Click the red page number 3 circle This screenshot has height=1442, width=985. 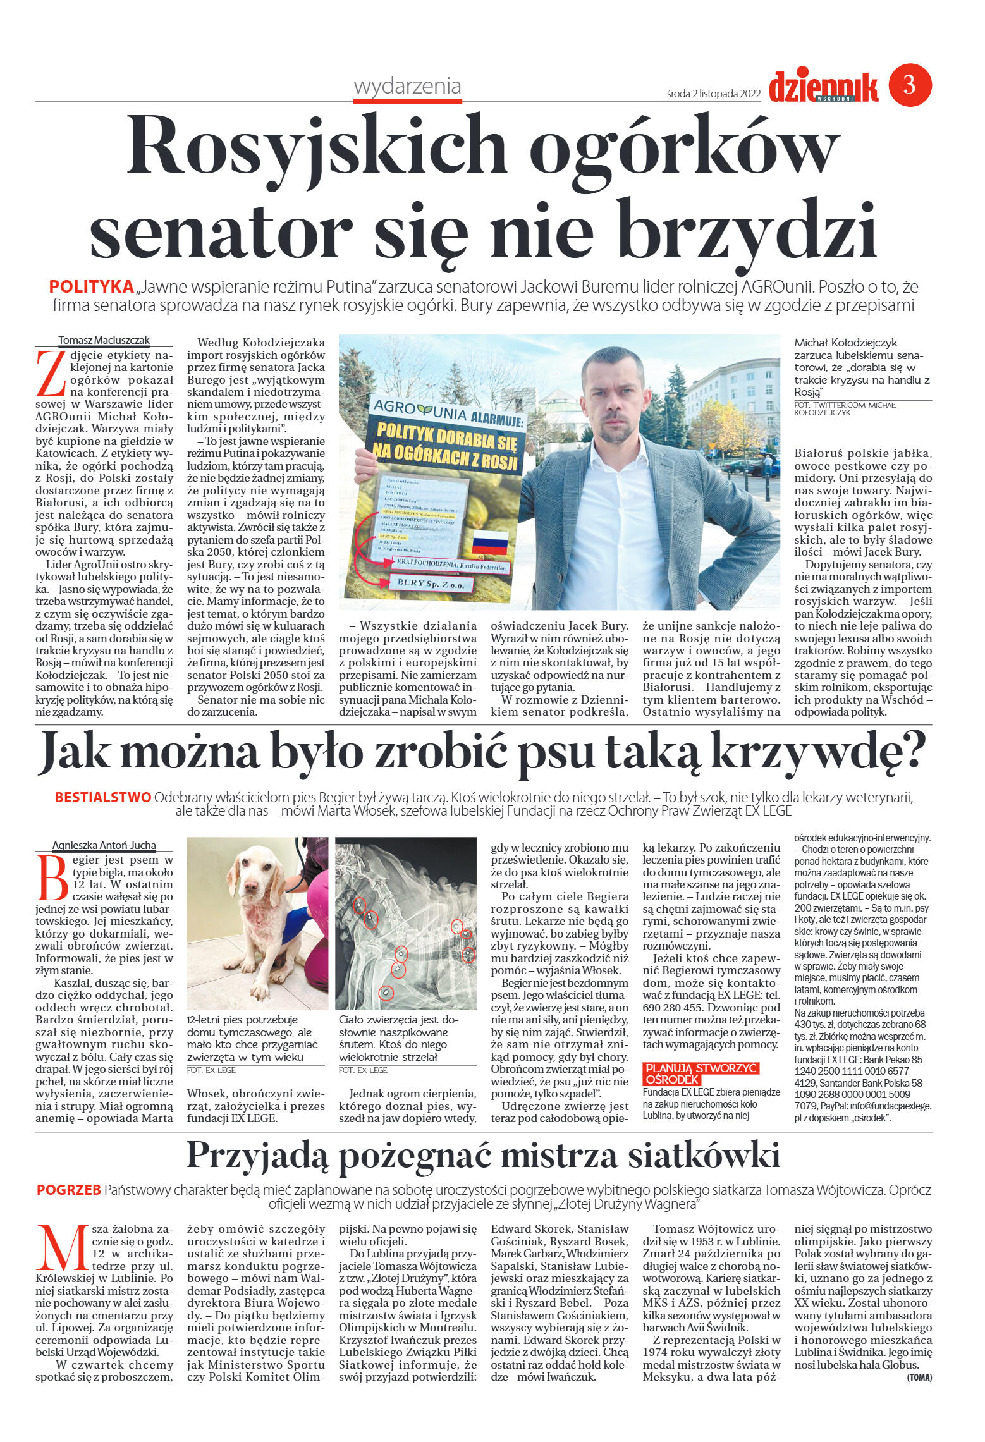pos(910,85)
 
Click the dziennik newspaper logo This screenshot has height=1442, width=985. pos(823,87)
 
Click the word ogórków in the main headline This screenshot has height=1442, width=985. pos(684,147)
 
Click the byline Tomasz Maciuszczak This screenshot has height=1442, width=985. pos(104,340)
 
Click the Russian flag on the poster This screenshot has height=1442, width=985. pos(490,542)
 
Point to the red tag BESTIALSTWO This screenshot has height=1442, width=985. pos(102,797)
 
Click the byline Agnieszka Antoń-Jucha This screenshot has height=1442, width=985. pos(104,845)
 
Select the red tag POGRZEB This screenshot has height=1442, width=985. pos(68,1190)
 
